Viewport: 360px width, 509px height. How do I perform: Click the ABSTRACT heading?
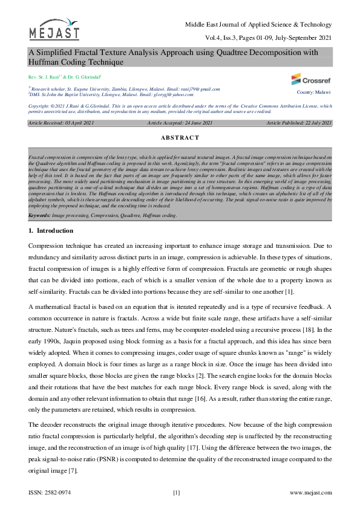point(180,138)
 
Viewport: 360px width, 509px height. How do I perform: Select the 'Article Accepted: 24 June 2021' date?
point(180,123)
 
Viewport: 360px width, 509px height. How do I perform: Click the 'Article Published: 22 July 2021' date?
point(299,123)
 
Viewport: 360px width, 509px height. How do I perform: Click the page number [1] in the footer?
point(177,493)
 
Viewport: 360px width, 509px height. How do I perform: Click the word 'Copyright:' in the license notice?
point(39,105)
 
